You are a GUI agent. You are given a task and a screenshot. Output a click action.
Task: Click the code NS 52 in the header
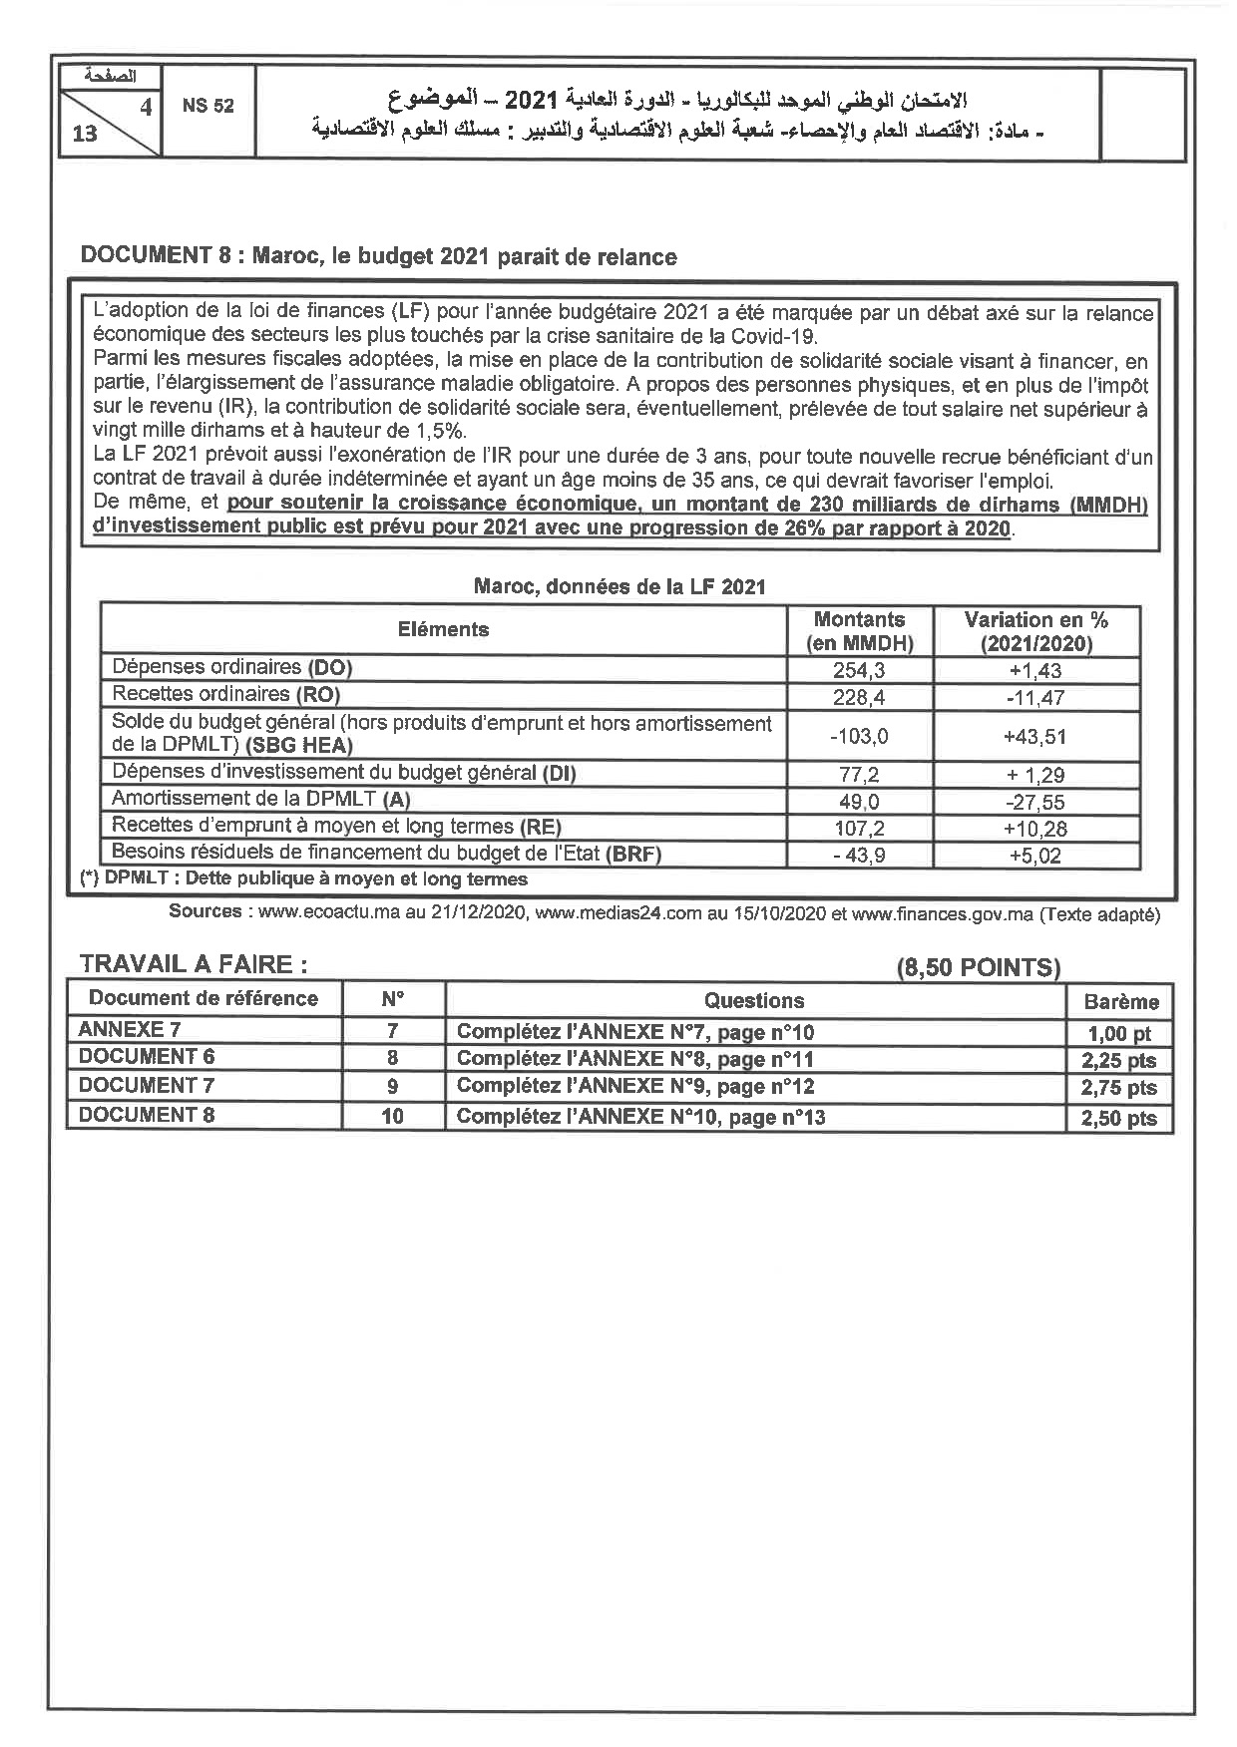click(207, 106)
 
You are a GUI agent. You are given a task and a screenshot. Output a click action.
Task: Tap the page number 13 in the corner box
click(85, 134)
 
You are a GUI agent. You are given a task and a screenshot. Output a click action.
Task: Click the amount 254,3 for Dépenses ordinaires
click(859, 670)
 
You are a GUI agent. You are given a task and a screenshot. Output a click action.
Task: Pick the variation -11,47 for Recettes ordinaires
click(1035, 697)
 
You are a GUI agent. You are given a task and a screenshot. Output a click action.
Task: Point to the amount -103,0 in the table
click(859, 736)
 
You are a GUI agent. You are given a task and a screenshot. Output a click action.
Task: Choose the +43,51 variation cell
click(1035, 736)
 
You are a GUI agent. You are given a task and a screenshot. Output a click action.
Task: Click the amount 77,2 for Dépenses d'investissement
click(859, 774)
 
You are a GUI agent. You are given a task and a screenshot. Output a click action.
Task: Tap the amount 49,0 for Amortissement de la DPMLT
click(859, 801)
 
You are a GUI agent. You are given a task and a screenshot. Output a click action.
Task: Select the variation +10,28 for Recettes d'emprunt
click(1035, 828)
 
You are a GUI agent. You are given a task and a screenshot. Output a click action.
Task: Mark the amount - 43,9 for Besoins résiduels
click(859, 855)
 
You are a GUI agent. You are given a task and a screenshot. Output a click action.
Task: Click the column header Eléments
click(444, 629)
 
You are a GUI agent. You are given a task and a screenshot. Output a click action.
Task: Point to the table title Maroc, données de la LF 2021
click(619, 586)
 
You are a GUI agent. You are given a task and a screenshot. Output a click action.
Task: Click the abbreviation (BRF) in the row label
click(632, 854)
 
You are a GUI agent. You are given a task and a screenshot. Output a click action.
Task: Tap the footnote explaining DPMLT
click(303, 878)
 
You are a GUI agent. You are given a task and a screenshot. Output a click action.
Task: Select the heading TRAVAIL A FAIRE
click(194, 964)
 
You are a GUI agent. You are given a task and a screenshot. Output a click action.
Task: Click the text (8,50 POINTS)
click(978, 966)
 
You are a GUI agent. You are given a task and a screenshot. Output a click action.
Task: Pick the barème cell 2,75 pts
click(1118, 1088)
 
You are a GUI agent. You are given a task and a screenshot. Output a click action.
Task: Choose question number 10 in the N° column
click(393, 1116)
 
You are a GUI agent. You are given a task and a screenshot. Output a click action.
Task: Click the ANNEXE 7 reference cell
click(130, 1030)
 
